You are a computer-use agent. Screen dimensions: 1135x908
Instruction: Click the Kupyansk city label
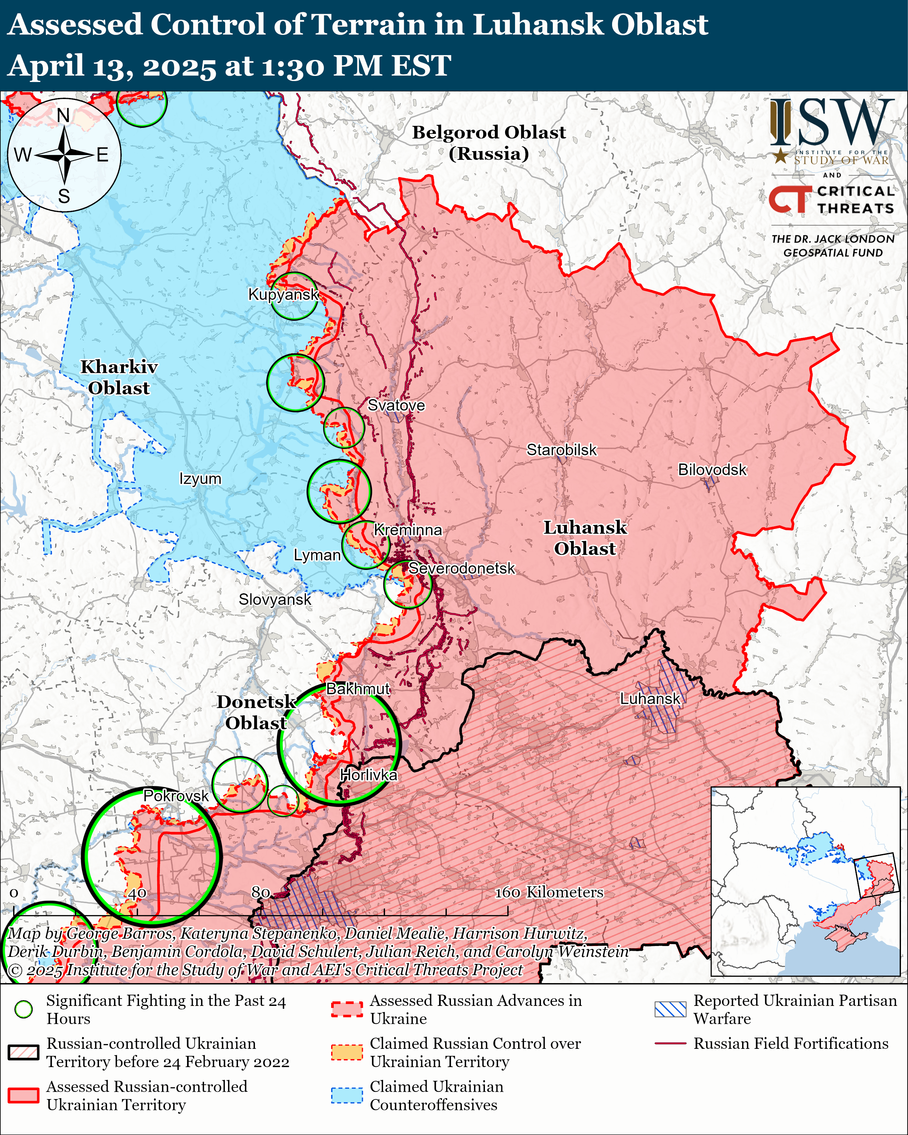click(x=283, y=294)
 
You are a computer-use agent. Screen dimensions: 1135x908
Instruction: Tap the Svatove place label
click(x=396, y=405)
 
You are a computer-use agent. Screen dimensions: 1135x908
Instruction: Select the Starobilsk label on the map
click(x=562, y=450)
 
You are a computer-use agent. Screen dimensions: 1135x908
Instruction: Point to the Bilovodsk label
click(x=712, y=470)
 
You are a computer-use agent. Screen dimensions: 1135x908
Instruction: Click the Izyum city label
click(x=200, y=479)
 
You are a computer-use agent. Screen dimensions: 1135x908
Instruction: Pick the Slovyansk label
click(x=275, y=600)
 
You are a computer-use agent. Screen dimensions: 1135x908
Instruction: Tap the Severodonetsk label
click(x=462, y=569)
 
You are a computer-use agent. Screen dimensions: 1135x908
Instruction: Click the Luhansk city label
click(x=650, y=699)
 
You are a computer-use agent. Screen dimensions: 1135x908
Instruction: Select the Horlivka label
click(x=368, y=775)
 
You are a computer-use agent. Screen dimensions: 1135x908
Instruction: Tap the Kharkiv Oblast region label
click(x=119, y=377)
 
